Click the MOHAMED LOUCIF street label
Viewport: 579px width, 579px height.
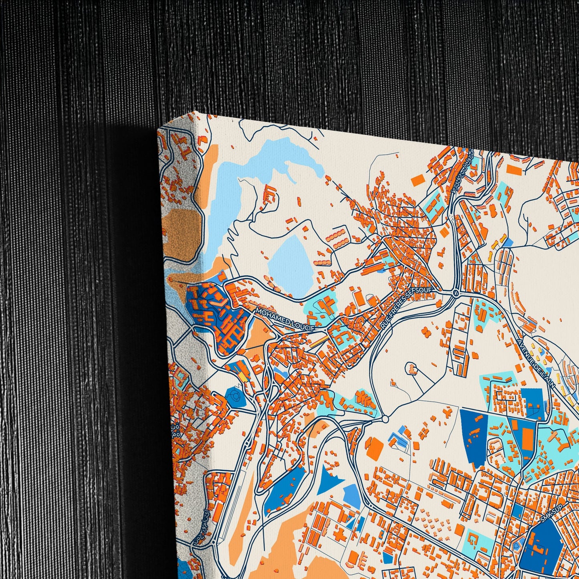click(285, 319)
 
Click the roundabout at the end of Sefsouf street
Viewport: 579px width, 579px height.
click(455, 293)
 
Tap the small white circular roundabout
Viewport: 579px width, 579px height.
click(385, 419)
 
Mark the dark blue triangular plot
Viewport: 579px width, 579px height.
click(331, 479)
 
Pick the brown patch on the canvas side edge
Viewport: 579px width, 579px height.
click(182, 228)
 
